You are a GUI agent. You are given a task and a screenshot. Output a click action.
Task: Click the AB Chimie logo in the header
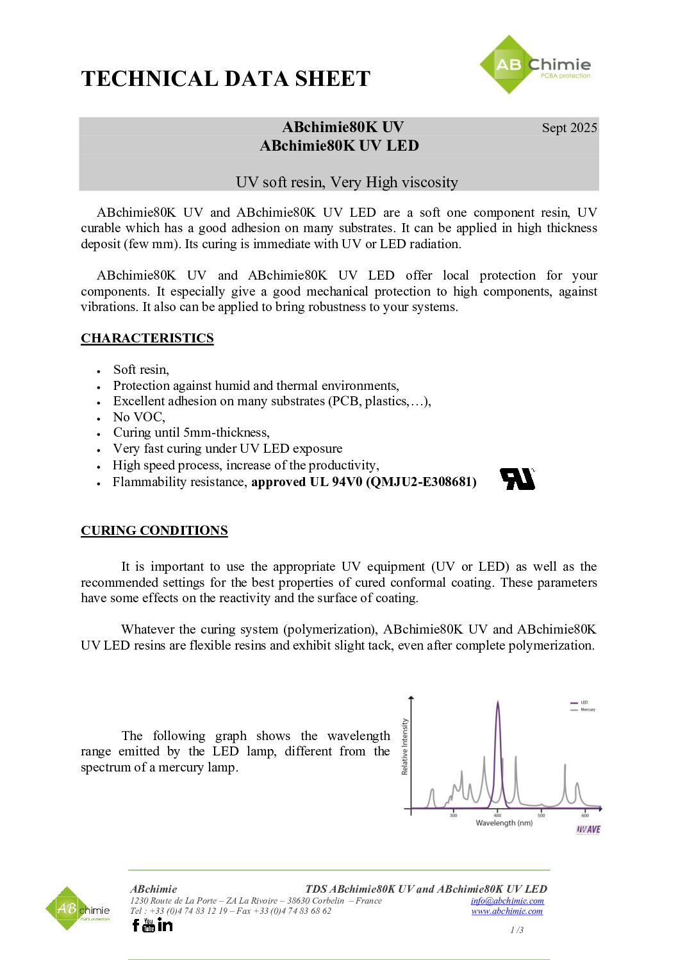535,65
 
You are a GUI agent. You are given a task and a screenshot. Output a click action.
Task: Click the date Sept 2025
569,128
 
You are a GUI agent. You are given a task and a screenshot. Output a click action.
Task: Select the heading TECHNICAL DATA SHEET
226,79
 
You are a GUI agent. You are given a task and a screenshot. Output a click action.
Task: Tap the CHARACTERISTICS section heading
147,338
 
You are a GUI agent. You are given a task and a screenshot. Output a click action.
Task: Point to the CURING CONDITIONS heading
154,530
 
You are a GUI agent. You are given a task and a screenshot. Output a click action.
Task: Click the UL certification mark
517,478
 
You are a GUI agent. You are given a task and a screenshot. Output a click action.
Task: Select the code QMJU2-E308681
421,482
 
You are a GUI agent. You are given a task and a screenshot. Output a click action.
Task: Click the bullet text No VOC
139,417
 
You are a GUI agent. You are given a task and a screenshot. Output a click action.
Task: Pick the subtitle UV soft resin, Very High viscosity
347,182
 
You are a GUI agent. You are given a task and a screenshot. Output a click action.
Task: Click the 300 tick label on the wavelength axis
454,815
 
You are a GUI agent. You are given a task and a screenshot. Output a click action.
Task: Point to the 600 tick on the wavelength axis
585,815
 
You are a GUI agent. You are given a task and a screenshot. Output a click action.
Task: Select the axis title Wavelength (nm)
504,823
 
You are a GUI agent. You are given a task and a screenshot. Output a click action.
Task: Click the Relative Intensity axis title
404,746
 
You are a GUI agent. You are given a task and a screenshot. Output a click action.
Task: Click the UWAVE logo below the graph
588,829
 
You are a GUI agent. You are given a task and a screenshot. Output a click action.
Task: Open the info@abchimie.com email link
507,900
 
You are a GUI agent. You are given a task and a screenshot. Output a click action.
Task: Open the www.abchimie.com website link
507,911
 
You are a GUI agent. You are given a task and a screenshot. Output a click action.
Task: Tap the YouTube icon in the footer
149,925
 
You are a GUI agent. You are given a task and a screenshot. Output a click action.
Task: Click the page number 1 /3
517,930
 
